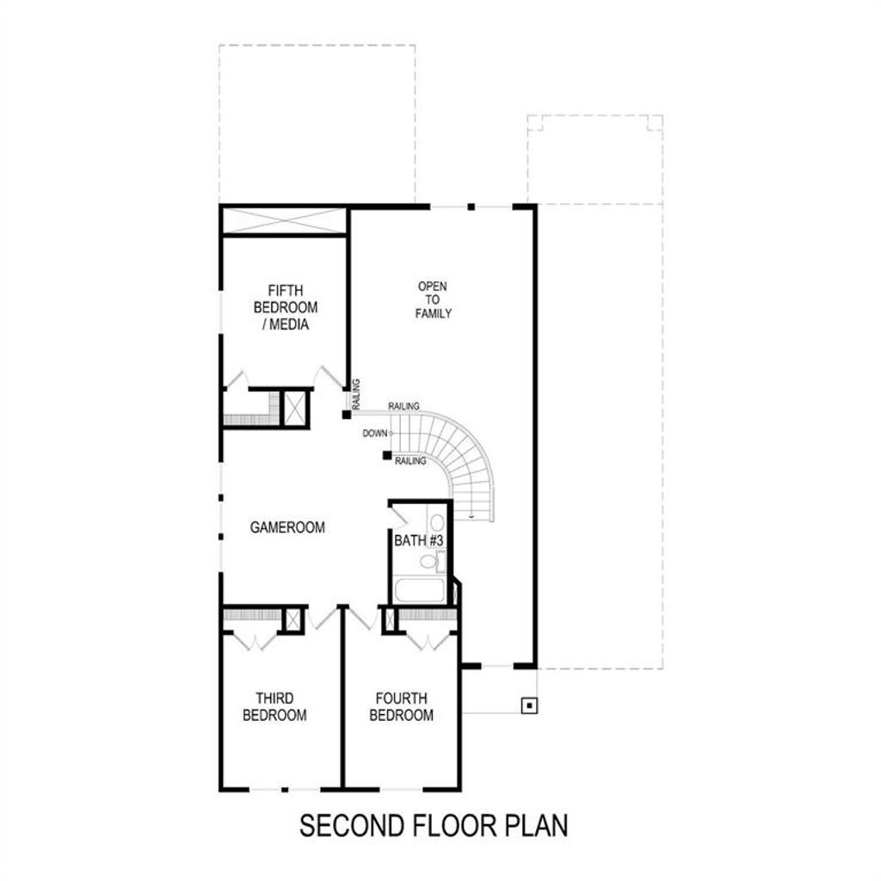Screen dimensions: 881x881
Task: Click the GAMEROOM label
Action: pyautogui.click(x=287, y=527)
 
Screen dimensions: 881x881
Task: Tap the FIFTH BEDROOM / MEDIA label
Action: pyautogui.click(x=286, y=307)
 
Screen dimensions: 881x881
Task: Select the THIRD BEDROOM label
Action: pyautogui.click(x=274, y=706)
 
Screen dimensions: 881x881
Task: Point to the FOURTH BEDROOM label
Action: pyautogui.click(x=401, y=706)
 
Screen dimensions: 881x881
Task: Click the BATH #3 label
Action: pyautogui.click(x=419, y=540)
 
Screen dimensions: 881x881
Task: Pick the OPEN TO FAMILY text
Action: pyautogui.click(x=434, y=299)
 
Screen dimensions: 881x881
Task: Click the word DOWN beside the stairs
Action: pyautogui.click(x=375, y=434)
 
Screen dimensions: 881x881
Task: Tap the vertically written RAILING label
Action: pyautogui.click(x=355, y=394)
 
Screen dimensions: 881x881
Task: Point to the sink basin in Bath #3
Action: pyautogui.click(x=437, y=523)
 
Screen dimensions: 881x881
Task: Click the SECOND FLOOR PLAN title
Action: pyautogui.click(x=434, y=825)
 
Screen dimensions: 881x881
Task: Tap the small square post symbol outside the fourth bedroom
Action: pyautogui.click(x=529, y=705)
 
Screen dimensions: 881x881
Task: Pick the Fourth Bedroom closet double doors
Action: pyautogui.click(x=428, y=640)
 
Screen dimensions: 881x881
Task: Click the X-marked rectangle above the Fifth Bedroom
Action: pyautogui.click(x=284, y=220)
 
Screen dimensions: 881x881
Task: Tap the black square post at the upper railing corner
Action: pyautogui.click(x=347, y=415)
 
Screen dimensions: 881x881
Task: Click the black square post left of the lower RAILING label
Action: pyautogui.click(x=387, y=455)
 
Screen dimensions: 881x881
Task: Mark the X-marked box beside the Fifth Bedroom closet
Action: pyautogui.click(x=294, y=408)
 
